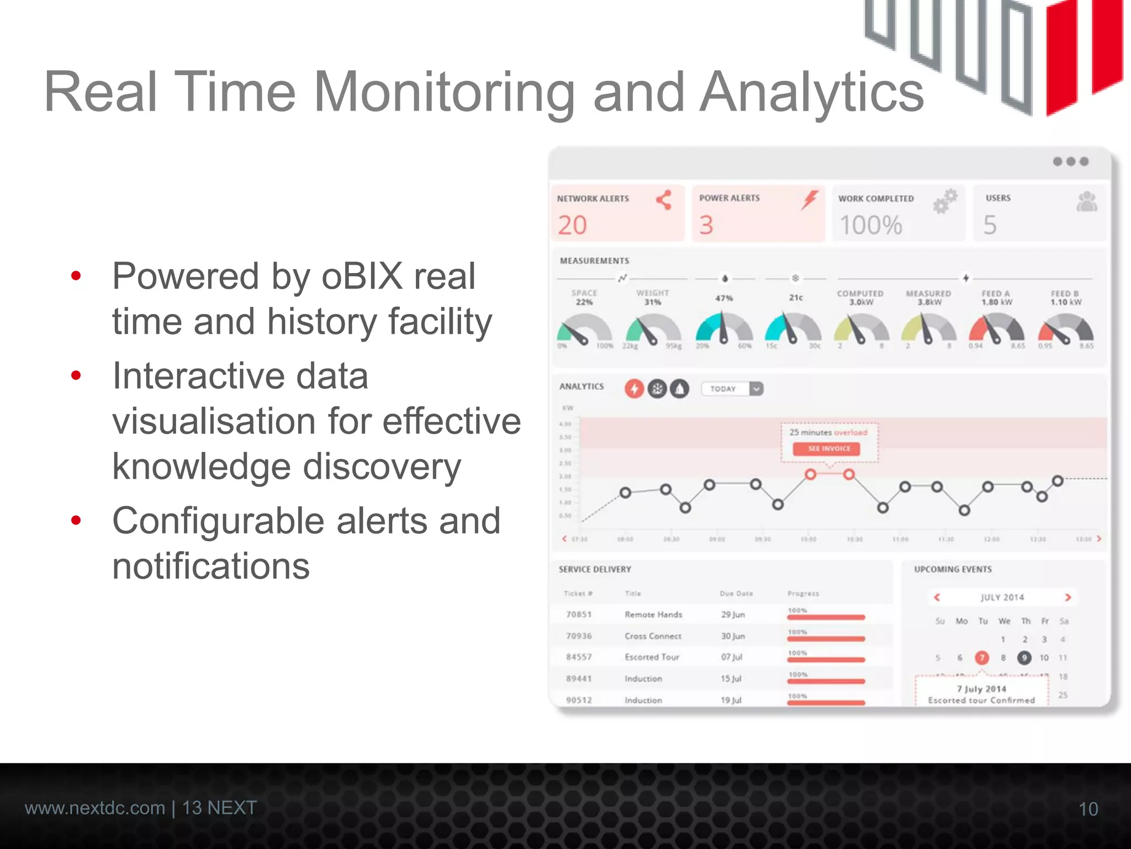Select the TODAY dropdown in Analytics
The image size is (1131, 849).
point(732,389)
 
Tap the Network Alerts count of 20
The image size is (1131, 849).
point(572,226)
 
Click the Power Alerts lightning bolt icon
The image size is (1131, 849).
point(810,200)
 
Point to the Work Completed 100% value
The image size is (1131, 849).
point(870,226)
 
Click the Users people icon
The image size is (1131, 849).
point(1086,202)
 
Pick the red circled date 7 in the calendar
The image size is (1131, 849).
point(981,658)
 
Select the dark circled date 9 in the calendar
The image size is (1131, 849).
point(1024,658)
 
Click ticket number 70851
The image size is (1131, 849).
point(579,615)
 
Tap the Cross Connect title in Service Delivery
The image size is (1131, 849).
point(653,636)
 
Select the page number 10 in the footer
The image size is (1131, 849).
point(1088,809)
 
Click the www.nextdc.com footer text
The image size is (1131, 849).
point(95,808)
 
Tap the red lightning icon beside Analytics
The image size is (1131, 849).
point(634,389)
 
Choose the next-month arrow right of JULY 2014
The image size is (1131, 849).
point(1067,597)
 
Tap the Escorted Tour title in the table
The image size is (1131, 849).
point(652,657)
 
